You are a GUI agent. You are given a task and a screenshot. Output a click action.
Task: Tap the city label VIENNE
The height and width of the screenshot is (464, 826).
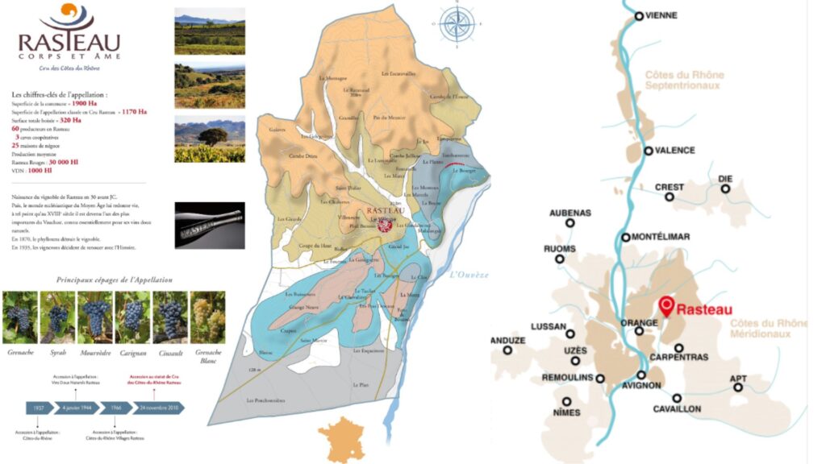point(661,15)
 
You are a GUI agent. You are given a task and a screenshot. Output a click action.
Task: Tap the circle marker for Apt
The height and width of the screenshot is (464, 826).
point(737,387)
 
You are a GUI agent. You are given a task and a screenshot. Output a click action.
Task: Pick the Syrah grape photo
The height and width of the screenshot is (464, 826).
point(57,317)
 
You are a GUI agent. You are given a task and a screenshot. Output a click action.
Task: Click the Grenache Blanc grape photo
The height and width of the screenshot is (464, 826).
point(207,317)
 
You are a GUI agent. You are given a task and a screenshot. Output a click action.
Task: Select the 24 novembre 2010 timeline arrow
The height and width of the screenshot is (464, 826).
point(158,408)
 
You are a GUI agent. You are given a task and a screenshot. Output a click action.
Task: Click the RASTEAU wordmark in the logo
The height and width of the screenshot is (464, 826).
point(69,42)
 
